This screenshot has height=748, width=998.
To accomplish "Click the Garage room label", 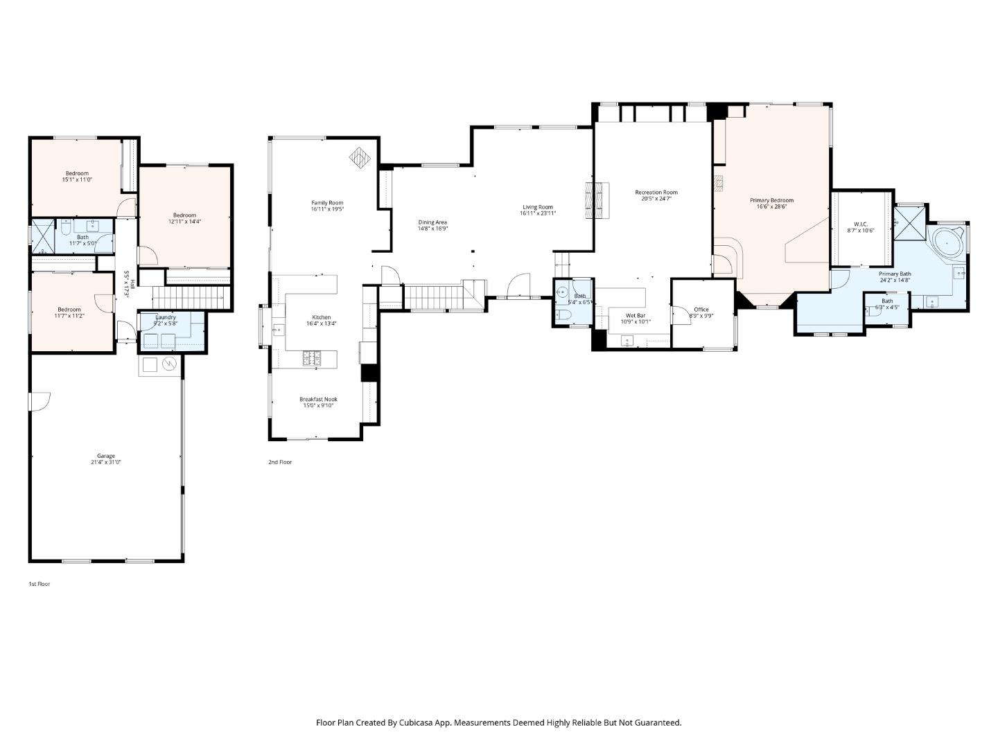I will tap(105, 456).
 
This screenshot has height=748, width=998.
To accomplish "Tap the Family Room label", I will tap(327, 203).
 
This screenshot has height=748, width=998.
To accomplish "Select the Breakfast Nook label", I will tap(318, 399).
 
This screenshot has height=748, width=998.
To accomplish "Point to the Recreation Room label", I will tap(656, 193).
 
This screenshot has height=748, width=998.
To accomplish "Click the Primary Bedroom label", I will tap(771, 200).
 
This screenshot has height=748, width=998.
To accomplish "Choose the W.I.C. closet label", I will tap(860, 224).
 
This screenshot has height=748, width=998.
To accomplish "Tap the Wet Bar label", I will tap(636, 315).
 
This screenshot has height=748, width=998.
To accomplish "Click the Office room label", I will tap(701, 310).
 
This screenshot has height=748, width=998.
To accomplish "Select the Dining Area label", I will tap(432, 222).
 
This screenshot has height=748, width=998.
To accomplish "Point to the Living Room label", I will tap(537, 207).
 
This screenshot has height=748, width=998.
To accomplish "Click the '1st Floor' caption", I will tap(39, 584).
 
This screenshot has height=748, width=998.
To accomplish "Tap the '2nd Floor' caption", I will tap(280, 462).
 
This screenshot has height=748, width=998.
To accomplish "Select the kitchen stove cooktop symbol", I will tap(311, 358).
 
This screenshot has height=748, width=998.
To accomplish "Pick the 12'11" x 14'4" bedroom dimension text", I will tap(184, 222).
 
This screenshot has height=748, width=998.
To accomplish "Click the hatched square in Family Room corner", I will tap(360, 158).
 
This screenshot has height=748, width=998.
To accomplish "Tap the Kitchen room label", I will tap(321, 317).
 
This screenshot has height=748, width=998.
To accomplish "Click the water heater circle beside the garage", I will tap(169, 364).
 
